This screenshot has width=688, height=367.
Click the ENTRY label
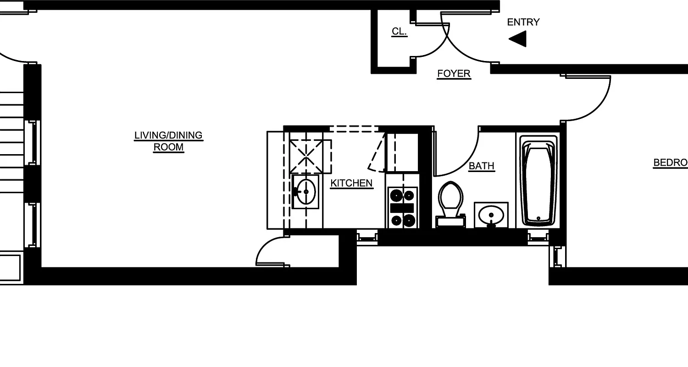[523, 22]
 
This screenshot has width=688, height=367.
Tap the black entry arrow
[518, 39]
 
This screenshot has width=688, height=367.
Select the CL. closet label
[399, 32]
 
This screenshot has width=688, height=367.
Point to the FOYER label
[454, 74]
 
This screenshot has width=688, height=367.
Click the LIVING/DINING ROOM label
[168, 141]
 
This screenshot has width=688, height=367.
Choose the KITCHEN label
[351, 183]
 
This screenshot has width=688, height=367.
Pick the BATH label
[482, 166]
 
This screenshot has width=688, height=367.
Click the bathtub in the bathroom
[538, 181]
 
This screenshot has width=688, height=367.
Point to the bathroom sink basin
[491, 214]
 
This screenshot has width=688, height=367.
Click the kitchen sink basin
[305, 191]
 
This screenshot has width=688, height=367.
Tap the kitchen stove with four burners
[402, 207]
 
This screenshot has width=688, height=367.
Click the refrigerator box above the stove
[402, 152]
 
